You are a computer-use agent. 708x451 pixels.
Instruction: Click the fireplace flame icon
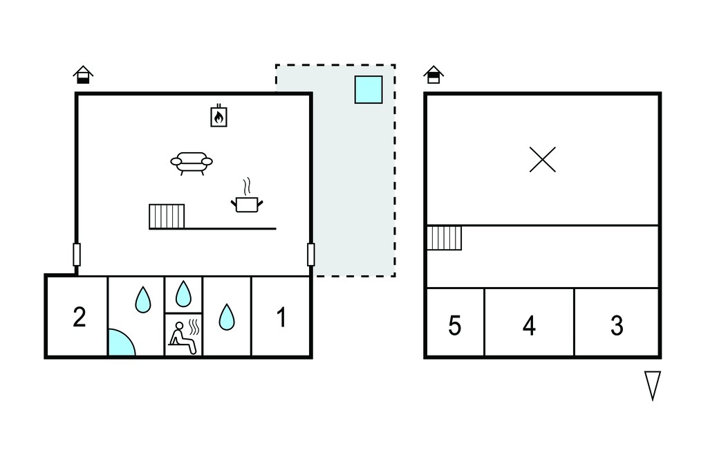point(219,116)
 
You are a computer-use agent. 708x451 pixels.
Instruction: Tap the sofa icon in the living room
point(192,163)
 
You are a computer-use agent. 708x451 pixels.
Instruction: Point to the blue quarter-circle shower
point(120,343)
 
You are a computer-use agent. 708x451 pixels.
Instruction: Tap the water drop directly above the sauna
point(183,294)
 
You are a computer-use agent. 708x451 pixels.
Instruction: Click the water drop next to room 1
point(227,317)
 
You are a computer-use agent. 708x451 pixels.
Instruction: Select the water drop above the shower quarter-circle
point(143,299)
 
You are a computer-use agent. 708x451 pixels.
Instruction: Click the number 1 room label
point(281,317)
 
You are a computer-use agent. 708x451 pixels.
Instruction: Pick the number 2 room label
point(80,317)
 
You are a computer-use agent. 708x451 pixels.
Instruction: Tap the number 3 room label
point(617,325)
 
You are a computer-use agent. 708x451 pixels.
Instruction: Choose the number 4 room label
point(529,325)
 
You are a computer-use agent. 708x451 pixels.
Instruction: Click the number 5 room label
point(455,325)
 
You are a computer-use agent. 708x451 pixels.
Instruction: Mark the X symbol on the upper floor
point(543,160)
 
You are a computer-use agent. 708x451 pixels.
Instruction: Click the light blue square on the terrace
point(369,89)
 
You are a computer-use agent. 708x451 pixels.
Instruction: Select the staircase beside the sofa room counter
point(167,217)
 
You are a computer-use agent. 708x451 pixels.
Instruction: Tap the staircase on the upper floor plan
point(445,238)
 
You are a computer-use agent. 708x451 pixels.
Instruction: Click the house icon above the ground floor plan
point(83,75)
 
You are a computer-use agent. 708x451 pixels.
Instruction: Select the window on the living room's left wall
point(77,255)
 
